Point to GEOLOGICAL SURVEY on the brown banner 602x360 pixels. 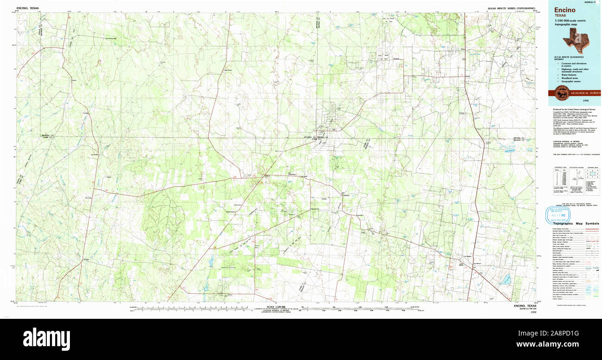pyautogui.click(x=585, y=93)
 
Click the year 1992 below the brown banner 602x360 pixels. pyautogui.click(x=586, y=100)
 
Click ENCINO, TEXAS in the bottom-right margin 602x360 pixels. pyautogui.click(x=525, y=306)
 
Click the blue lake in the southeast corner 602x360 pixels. pyautogui.click(x=507, y=279)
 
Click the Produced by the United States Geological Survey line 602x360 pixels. pyautogui.click(x=571, y=110)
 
